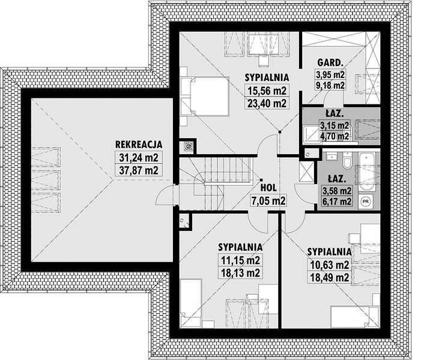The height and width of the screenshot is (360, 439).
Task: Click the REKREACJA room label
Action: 139,145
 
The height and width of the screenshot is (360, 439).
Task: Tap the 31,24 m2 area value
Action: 139,158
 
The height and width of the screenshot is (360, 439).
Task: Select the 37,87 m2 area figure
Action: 139,170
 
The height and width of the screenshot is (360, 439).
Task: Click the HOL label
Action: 268,188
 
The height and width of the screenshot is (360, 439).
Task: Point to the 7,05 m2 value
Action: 268,200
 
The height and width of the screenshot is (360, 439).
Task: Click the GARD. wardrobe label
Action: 330,62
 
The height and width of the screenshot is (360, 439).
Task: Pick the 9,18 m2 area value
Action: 330,85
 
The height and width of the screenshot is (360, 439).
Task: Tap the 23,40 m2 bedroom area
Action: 267,103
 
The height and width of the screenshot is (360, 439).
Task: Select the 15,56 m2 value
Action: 267,91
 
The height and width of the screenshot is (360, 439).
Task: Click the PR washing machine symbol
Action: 365,201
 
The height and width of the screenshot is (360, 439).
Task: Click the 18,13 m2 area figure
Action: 240,273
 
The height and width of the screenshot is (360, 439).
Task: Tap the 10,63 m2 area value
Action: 329,265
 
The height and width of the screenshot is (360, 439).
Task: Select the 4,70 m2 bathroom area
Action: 335,137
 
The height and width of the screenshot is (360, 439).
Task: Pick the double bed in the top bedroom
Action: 210,97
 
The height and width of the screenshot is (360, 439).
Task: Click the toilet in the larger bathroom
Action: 347,160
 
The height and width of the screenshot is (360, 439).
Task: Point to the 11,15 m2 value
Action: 240,260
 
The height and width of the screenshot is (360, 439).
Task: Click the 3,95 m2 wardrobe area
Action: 330,74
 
